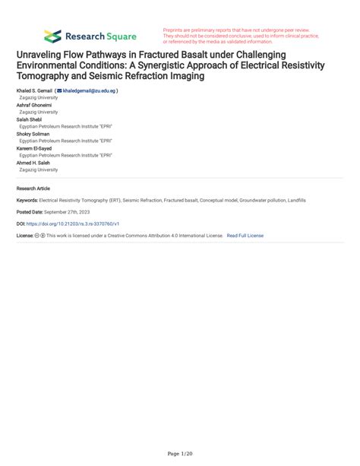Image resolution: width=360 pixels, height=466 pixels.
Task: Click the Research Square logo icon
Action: [53, 36]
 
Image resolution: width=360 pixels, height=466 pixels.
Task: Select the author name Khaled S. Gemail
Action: [34, 90]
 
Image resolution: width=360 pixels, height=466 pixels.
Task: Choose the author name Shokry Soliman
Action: [33, 134]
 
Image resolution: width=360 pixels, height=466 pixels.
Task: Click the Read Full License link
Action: [245, 236]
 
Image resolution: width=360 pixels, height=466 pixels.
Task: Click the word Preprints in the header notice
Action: [175, 30]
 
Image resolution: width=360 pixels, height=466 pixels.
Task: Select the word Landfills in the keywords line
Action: [293, 200]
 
